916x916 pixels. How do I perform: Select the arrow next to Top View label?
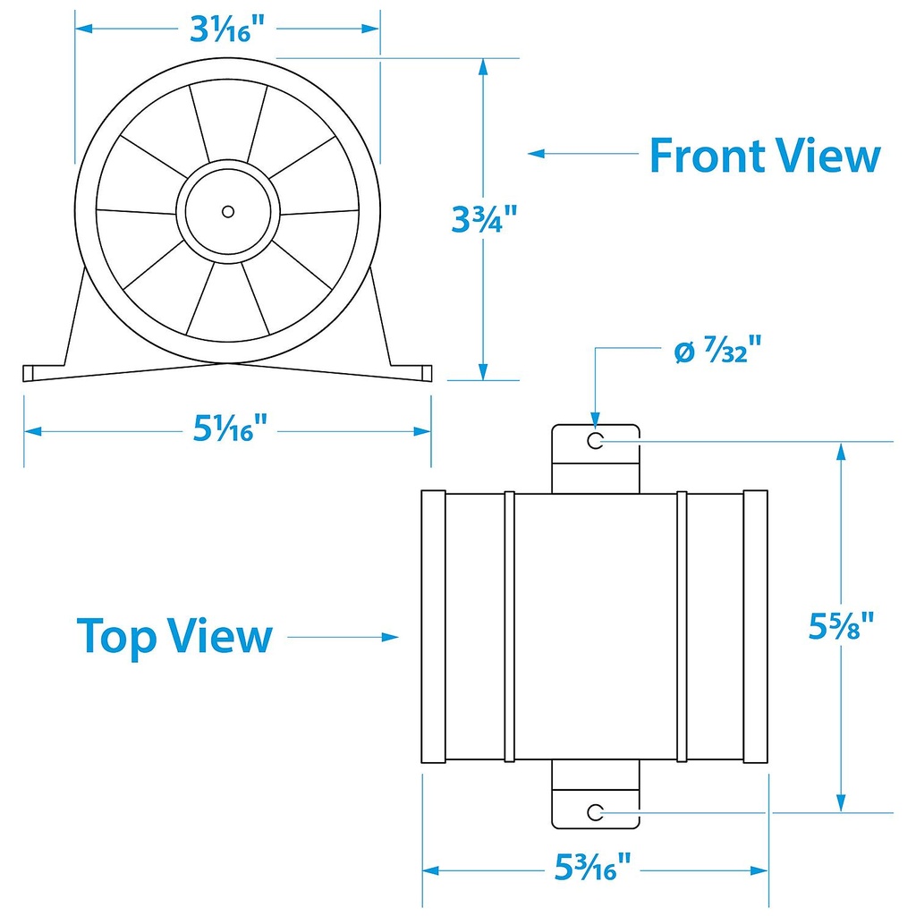344,637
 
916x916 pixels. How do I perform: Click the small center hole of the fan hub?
228,211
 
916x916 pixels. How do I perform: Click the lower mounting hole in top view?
596,811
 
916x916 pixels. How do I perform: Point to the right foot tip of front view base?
427,372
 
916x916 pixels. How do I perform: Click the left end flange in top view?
433,626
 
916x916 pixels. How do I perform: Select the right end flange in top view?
756,626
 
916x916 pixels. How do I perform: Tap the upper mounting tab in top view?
596,457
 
